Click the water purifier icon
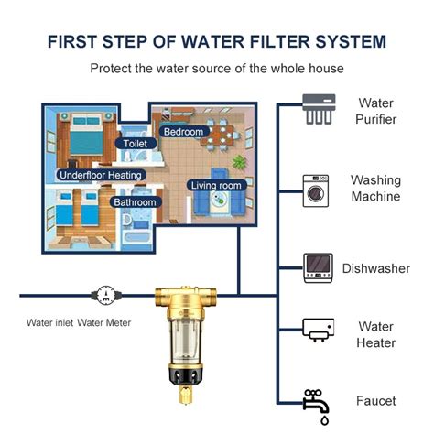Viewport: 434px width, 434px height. pos(319,112)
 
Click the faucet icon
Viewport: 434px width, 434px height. pos(317,402)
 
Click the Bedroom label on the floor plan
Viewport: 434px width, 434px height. pos(183,131)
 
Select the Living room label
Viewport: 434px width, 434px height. pos(218,185)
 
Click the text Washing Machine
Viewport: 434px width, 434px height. pos(375,189)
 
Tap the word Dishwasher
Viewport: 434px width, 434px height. pos(375,268)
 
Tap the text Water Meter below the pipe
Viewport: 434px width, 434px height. pos(106,322)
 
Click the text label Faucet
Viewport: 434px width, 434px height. pos(375,401)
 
